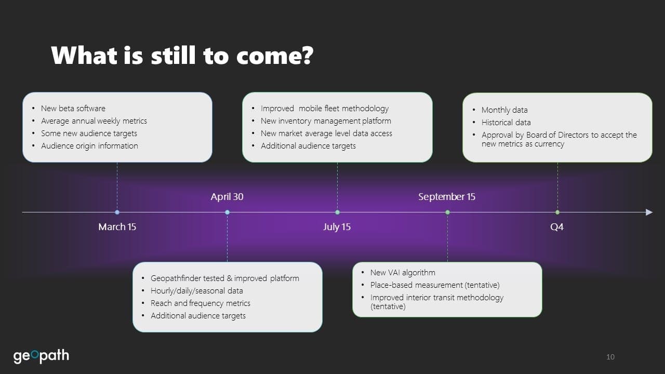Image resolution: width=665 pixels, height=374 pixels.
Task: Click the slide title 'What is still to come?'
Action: pos(182,55)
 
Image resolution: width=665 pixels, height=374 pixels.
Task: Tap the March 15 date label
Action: pos(117,227)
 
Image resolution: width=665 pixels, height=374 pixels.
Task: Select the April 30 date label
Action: pos(227,196)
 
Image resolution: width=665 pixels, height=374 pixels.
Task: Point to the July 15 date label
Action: pos(337,227)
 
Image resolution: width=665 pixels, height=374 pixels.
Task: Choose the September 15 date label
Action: pos(447,196)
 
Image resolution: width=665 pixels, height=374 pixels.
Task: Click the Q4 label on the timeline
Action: pos(557,227)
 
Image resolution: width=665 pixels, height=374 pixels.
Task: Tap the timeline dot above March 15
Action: pos(117,212)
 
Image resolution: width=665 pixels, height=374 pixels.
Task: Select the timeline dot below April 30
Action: pos(227,212)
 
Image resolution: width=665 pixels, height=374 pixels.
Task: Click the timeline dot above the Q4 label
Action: pos(557,212)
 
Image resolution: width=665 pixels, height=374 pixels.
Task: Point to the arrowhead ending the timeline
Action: pos(649,212)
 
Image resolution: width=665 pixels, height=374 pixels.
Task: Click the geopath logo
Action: pos(41,356)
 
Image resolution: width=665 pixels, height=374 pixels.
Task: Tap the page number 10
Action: pos(610,357)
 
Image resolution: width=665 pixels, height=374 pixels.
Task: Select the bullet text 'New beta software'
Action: pos(73,109)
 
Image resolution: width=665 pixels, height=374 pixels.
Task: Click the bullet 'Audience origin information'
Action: pos(89,146)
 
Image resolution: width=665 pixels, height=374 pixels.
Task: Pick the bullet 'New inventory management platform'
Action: pos(326,121)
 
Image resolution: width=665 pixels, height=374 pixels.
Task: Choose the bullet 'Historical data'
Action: pos(506,122)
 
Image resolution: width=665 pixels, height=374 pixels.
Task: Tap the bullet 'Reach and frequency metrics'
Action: pos(201,303)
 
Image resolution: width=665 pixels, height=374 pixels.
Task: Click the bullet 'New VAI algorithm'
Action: pos(403,273)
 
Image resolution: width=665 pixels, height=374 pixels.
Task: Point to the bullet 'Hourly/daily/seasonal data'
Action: pos(196,290)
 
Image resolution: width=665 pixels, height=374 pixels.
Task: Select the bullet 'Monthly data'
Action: pos(504,110)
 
